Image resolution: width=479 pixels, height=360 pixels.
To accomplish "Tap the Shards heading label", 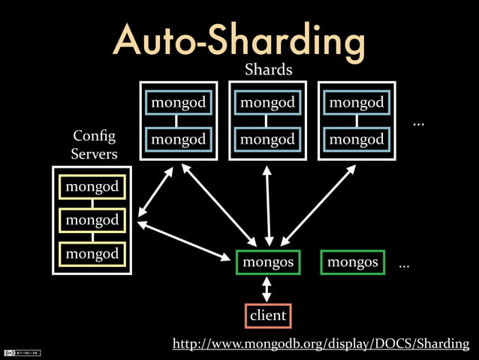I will click(x=268, y=71).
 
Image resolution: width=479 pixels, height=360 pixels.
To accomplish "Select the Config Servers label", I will click(x=94, y=144).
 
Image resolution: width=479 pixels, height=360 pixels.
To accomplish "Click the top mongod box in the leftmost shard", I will click(x=179, y=102).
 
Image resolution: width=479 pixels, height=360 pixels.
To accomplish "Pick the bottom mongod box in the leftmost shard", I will click(x=179, y=139).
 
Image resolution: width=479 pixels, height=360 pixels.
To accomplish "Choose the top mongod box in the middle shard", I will click(x=268, y=102).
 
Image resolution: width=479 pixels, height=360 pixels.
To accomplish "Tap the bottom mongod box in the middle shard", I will click(x=268, y=139).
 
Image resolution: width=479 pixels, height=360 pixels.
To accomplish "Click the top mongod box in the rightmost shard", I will click(x=357, y=102).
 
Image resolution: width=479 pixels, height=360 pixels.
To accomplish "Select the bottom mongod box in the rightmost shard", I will click(x=357, y=139).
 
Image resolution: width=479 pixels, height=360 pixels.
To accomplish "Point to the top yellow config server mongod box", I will click(x=92, y=186).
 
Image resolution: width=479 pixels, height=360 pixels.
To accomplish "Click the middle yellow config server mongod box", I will click(x=92, y=220).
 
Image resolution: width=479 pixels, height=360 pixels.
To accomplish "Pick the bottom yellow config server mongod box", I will click(x=92, y=254).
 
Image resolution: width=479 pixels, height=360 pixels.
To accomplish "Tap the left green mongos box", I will click(x=268, y=262).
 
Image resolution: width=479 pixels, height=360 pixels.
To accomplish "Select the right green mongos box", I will click(x=352, y=262).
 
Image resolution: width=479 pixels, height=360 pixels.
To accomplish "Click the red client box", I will click(x=268, y=316).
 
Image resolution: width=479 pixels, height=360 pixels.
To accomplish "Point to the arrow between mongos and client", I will click(x=267, y=289).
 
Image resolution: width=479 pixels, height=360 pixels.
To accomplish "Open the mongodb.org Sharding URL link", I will click(x=321, y=344).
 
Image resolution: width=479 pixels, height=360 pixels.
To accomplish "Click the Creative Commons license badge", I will click(x=22, y=352).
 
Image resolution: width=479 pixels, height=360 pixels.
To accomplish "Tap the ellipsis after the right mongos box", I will click(x=404, y=265).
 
